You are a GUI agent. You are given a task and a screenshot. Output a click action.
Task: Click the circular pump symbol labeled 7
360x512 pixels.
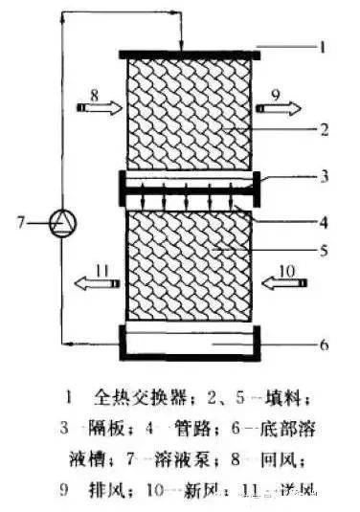[63, 224]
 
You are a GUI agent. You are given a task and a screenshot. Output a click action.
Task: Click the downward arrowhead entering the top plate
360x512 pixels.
[181, 43]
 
